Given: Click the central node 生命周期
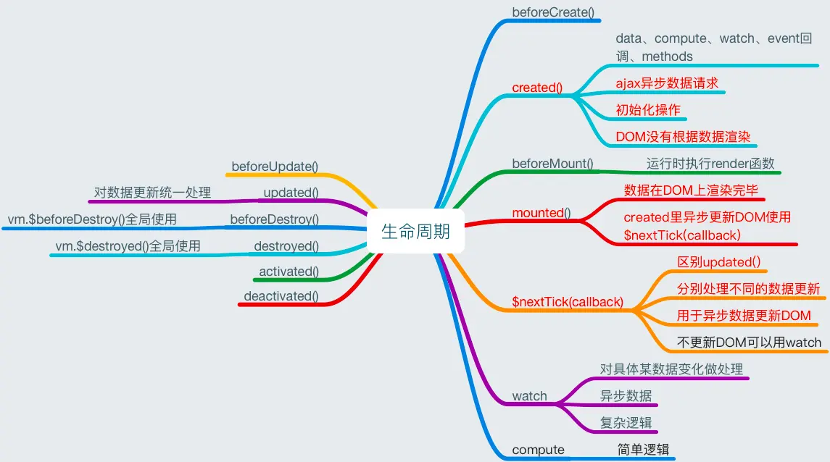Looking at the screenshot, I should tap(415, 231).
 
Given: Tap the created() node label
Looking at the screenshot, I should tap(537, 88).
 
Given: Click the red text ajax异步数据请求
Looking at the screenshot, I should tap(667, 83).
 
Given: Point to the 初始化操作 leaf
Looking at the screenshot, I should tap(648, 109).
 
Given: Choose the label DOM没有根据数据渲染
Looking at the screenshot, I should tap(683, 136).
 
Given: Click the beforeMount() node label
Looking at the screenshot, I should tap(552, 164).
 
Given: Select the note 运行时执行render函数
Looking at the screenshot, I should tap(710, 164).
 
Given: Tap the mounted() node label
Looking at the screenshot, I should tap(541, 213).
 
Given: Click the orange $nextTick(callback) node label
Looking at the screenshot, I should tap(568, 302).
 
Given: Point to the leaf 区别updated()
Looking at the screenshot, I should tap(718, 261).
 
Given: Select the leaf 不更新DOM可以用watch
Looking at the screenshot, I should tap(750, 343).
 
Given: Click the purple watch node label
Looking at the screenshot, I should tap(530, 396).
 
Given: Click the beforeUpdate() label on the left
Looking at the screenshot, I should tap(275, 167).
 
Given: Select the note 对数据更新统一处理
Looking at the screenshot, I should tap(152, 193).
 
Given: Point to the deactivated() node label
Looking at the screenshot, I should tap(281, 295).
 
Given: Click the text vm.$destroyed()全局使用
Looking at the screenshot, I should tap(128, 246).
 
